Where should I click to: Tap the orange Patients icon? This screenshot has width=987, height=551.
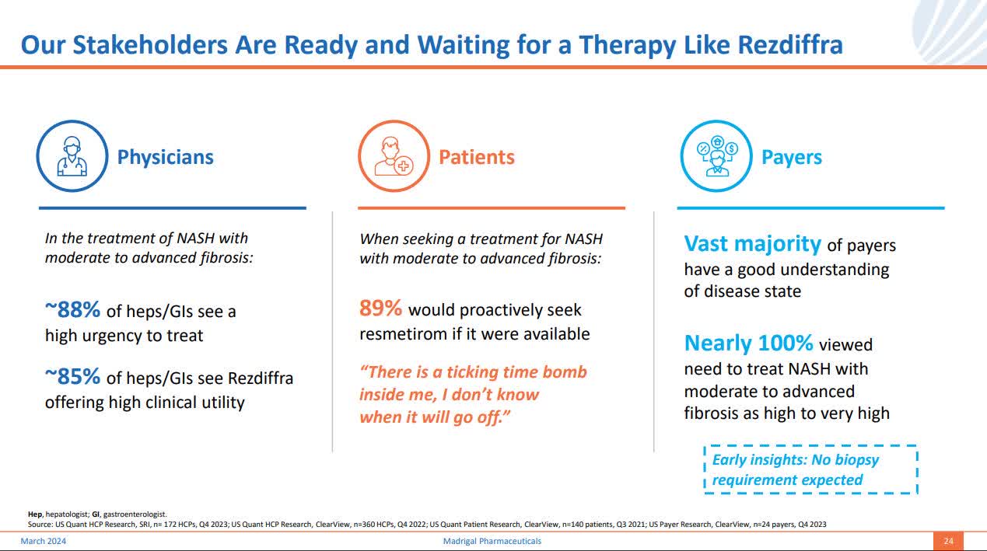point(393,156)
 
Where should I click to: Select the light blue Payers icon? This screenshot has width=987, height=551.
point(716,156)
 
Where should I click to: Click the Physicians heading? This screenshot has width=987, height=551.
point(165,157)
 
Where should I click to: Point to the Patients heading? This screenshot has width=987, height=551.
point(476,157)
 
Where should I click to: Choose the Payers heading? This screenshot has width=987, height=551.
point(791,157)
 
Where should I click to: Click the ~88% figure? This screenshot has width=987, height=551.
point(72,310)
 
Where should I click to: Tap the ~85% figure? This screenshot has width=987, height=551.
point(72,377)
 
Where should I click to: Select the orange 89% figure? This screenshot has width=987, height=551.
point(380,309)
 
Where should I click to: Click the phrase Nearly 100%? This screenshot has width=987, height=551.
point(748,343)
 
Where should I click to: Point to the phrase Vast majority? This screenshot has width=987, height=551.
point(752,244)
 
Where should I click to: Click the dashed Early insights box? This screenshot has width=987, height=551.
point(810,469)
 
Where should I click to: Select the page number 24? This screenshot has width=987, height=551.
point(948,541)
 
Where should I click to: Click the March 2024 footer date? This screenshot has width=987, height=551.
point(43,541)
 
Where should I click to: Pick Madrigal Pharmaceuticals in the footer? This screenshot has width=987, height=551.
point(487,541)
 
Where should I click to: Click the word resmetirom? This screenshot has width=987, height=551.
point(404,334)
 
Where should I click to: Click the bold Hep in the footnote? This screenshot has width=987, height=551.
point(34,514)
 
